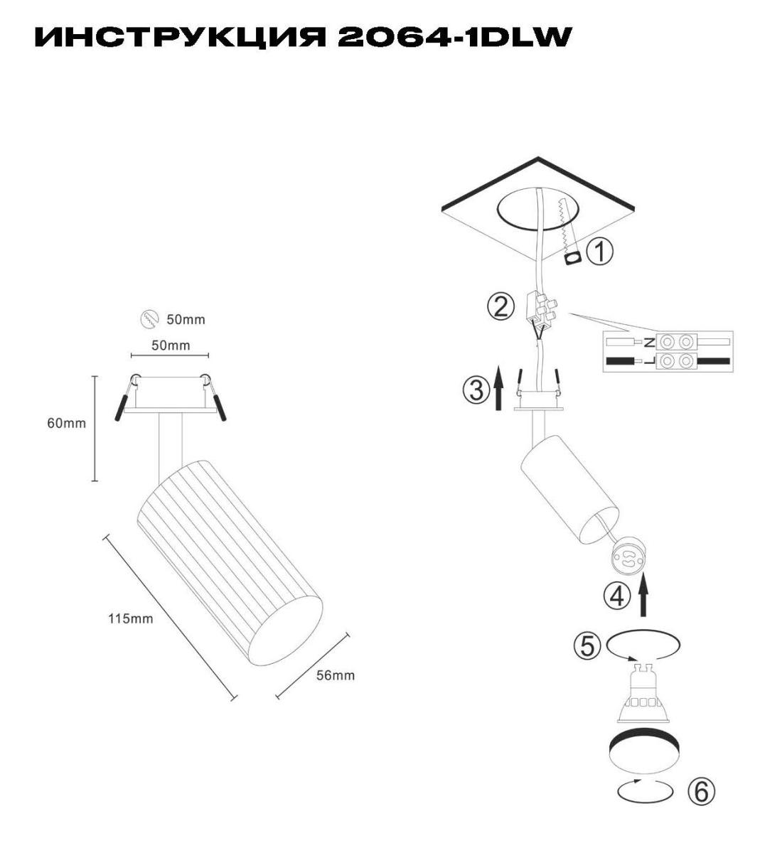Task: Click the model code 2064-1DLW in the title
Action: click(455, 37)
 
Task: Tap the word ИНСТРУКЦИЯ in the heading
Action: click(180, 38)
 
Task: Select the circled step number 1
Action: click(599, 252)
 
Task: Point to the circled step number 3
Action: click(476, 390)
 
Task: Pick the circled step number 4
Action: click(617, 596)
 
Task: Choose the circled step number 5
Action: click(587, 646)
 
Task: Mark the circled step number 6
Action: click(701, 792)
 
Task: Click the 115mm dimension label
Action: click(131, 619)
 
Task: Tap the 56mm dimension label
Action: click(335, 675)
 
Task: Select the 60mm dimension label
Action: click(67, 423)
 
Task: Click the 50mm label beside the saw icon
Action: click(186, 320)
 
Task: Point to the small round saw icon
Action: click(149, 318)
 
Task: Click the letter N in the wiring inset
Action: click(650, 343)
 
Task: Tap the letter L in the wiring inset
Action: click(650, 361)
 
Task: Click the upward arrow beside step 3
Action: click(498, 388)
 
